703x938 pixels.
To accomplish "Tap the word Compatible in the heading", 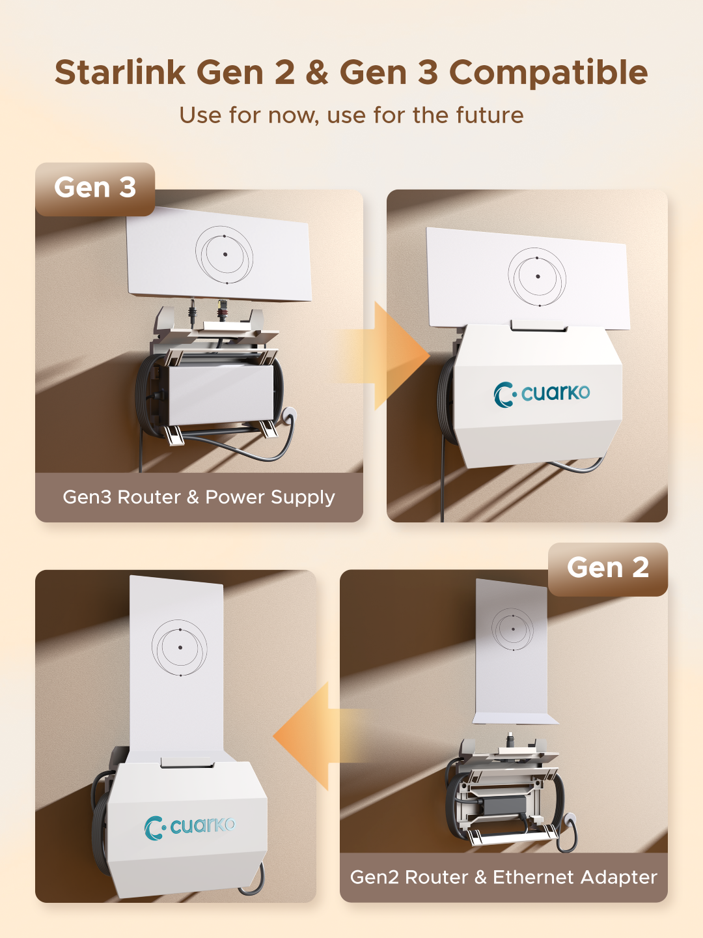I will point(548,72).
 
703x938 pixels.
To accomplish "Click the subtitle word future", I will point(489,115).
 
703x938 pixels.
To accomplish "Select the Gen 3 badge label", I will point(95,188).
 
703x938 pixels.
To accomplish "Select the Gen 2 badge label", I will point(608,568).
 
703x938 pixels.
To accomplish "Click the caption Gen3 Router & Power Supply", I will point(199,497).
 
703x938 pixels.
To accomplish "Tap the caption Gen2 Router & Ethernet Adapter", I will point(503,877).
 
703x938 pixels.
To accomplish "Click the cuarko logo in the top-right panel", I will point(542,393).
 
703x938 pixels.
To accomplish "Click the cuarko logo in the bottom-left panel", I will point(189,827).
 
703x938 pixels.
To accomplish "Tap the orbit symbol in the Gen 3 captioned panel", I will point(224,255).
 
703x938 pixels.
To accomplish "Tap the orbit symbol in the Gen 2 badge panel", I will point(512,629).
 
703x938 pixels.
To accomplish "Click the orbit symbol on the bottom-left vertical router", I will point(180,647).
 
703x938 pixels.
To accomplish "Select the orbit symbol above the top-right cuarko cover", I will point(537,277).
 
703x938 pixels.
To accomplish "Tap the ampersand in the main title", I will point(317,72).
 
